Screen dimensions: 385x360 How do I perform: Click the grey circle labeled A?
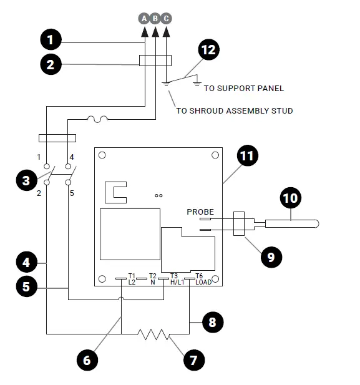point(144,18)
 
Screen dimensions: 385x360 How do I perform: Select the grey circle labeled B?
point(155,18)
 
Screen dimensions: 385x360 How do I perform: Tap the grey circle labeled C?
point(166,18)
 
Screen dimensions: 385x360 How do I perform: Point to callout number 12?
point(209,51)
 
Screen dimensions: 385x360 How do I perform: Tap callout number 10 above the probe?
point(291,198)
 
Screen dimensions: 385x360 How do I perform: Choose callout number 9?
point(270,256)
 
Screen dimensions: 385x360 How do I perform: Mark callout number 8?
point(212,323)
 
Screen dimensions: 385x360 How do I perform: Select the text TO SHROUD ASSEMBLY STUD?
point(234,111)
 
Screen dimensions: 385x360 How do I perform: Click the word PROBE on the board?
point(200,212)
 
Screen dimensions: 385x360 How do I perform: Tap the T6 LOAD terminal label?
point(203,278)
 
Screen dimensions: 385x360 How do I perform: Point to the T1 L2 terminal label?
point(132,278)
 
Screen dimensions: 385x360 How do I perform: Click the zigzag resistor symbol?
point(154,334)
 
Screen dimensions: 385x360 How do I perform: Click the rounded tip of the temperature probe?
point(316,222)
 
